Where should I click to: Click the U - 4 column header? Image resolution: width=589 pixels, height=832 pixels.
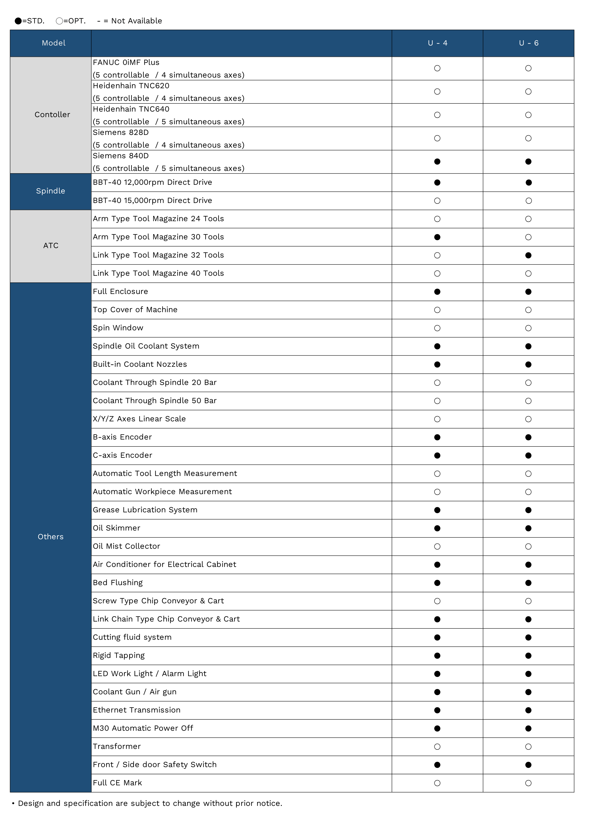click(437, 43)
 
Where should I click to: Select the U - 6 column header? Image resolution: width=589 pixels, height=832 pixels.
click(528, 43)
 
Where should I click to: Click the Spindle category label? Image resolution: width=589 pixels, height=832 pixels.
click(50, 191)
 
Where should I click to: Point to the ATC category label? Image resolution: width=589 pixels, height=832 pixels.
click(51, 246)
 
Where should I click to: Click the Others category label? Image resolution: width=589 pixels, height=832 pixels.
click(50, 537)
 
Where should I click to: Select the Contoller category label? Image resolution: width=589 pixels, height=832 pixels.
click(52, 115)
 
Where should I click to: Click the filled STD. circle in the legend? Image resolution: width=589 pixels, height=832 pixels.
click(18, 21)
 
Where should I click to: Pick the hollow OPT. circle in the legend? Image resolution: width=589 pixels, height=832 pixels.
click(59, 21)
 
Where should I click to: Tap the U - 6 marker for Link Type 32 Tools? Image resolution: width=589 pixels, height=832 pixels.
click(528, 256)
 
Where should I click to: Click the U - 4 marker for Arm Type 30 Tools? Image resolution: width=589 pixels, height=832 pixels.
click(437, 237)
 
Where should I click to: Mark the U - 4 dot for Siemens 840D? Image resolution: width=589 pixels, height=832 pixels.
click(437, 162)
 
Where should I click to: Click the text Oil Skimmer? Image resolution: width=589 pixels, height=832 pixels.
click(116, 528)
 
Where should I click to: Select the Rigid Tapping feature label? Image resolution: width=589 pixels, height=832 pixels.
click(119, 655)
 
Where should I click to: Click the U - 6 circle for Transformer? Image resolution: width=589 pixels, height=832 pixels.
click(528, 747)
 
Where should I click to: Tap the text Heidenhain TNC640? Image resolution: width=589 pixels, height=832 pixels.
click(131, 109)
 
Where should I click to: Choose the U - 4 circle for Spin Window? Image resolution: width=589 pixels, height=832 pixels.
click(437, 328)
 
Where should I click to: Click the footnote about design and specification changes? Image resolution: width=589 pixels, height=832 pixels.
click(150, 803)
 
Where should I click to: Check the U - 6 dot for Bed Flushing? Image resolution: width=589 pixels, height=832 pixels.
click(528, 583)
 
